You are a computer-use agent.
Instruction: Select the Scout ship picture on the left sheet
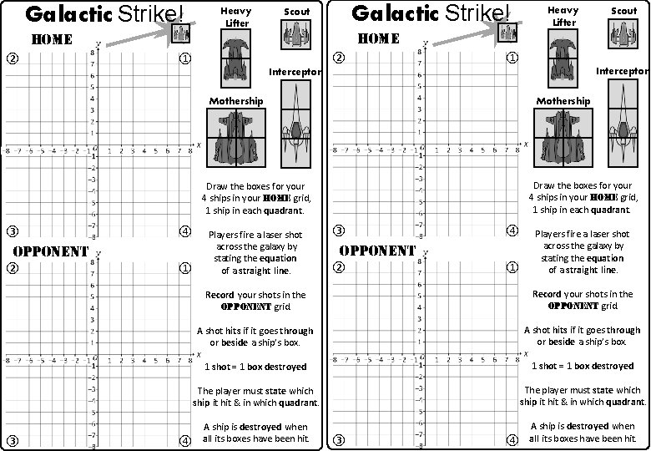click(x=297, y=35)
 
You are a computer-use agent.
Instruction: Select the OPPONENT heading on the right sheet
click(x=378, y=250)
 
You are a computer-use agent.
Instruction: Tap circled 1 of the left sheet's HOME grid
click(x=184, y=58)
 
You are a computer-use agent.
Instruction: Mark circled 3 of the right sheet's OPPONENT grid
click(x=339, y=440)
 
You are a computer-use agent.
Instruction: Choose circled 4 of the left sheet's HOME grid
click(x=184, y=231)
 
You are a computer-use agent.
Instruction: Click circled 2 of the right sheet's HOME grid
click(x=339, y=58)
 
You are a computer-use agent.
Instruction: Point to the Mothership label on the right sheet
click(x=563, y=101)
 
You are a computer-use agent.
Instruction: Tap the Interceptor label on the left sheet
click(x=294, y=72)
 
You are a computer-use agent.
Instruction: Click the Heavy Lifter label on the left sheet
click(x=236, y=17)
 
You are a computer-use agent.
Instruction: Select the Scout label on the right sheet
click(x=623, y=12)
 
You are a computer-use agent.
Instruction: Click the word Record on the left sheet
click(x=220, y=294)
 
